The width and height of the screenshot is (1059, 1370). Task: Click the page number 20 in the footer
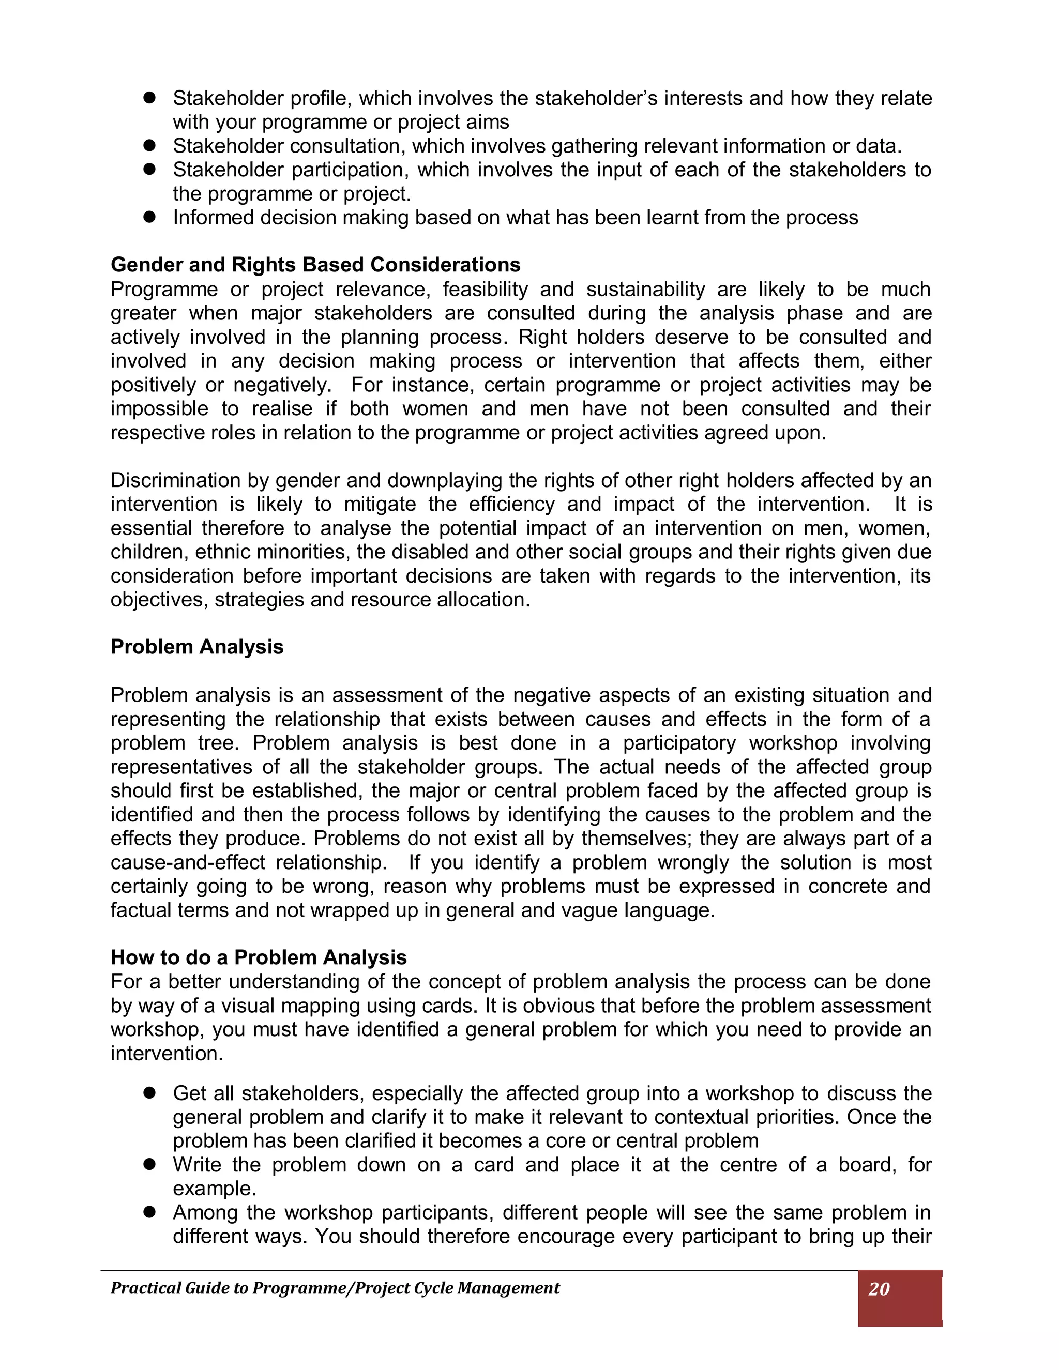click(x=879, y=1289)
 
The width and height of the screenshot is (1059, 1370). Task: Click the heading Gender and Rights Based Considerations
click(x=315, y=265)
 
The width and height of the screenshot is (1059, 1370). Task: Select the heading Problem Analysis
click(x=197, y=647)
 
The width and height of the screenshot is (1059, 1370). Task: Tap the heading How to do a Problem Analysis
click(x=259, y=957)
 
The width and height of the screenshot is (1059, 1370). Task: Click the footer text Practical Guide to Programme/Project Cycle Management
click(x=335, y=1288)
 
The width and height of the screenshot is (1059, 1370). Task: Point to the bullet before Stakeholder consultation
click(x=149, y=146)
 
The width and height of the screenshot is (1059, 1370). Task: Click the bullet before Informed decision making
click(x=149, y=217)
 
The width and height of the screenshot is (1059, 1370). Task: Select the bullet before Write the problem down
click(x=149, y=1164)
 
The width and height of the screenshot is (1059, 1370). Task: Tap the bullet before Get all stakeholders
click(x=149, y=1093)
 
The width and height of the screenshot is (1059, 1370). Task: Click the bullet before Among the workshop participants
click(x=149, y=1212)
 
